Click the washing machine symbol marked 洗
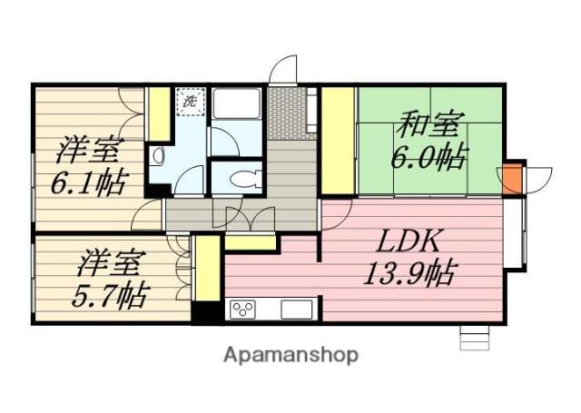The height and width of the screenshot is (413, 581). click(x=190, y=101)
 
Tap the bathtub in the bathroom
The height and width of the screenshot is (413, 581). click(x=237, y=105)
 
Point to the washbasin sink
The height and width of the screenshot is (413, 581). click(x=158, y=155)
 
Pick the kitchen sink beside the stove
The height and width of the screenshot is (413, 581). click(x=296, y=310)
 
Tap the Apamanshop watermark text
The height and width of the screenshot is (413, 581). click(x=290, y=354)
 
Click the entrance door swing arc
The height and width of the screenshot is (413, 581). click(x=285, y=70)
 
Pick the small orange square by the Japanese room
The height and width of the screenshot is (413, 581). click(x=513, y=179)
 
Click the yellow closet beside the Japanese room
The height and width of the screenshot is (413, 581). click(x=338, y=141)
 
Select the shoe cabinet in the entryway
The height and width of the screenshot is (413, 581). click(x=311, y=112)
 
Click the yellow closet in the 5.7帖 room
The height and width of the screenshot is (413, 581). click(x=206, y=267)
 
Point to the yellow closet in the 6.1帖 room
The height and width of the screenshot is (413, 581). click(x=159, y=113)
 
